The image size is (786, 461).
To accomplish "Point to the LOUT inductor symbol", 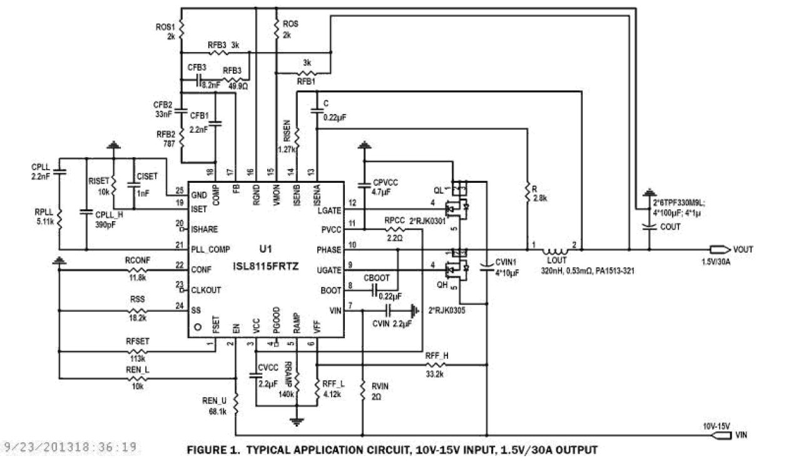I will pyautogui.click(x=556, y=246).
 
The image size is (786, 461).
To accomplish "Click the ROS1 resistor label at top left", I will pyautogui.click(x=165, y=28).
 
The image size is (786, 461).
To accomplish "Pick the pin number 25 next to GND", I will pyautogui.click(x=180, y=190).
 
